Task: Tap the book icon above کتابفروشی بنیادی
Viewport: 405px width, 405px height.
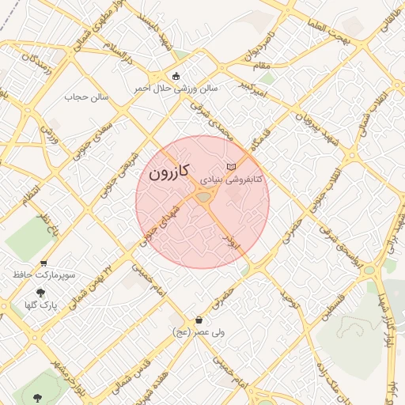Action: point(231,167)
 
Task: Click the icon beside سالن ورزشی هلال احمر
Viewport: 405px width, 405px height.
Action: point(175,76)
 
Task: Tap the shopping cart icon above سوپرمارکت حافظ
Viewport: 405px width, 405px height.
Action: point(44,263)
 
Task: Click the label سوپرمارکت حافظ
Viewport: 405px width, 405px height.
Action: point(44,275)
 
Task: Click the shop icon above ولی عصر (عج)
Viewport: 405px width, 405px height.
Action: point(198,320)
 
